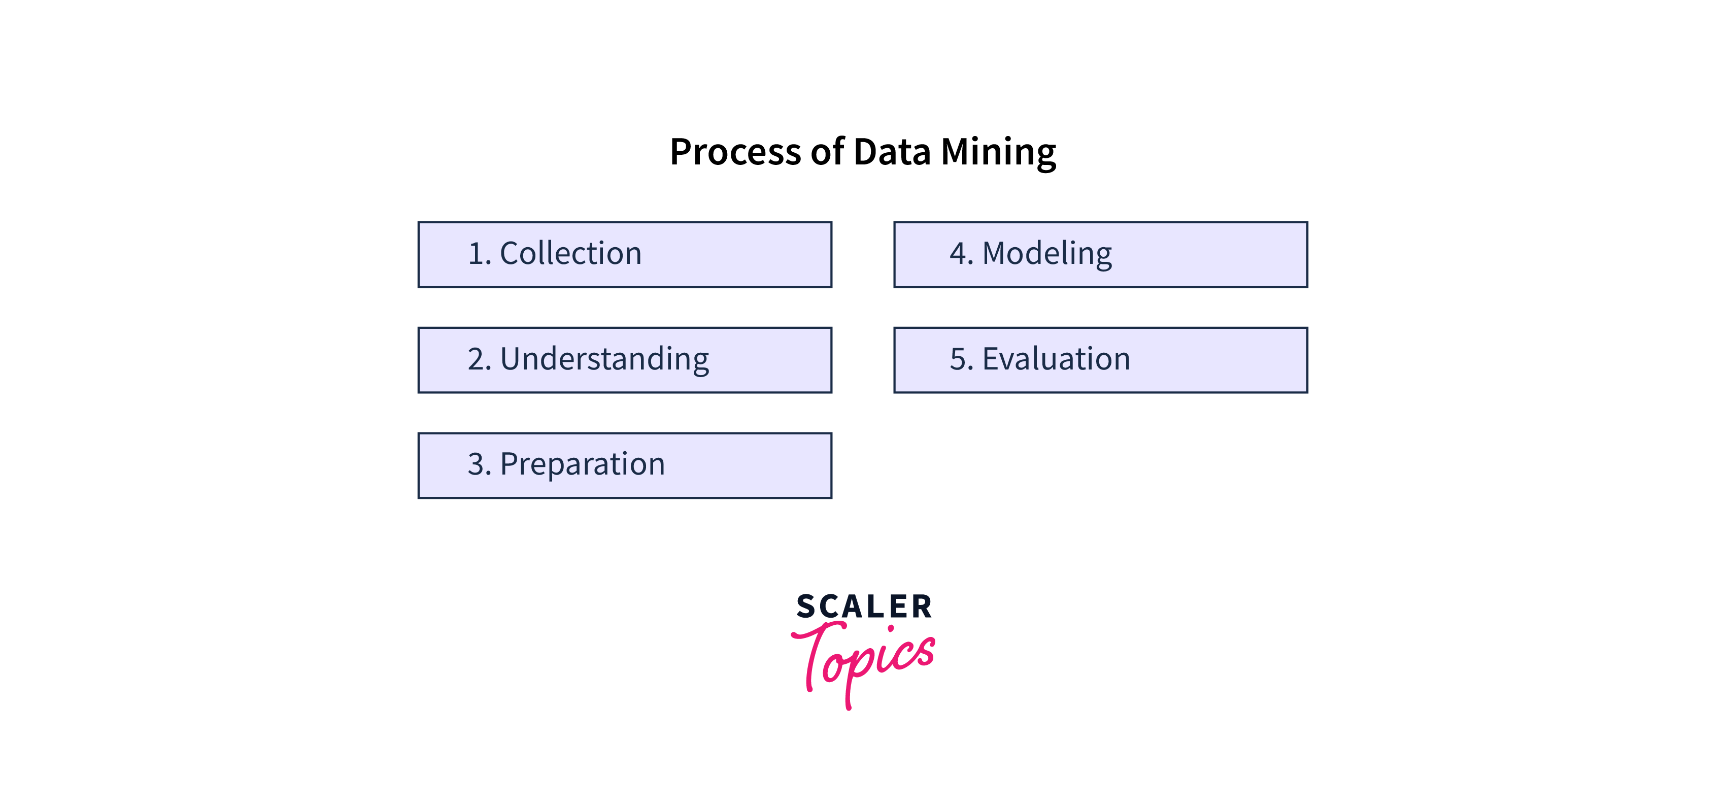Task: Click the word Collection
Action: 571,253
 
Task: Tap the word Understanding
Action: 604,359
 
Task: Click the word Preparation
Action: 582,465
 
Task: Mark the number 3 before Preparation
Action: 479,464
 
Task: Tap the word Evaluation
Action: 1056,359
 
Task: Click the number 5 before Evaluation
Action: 961,359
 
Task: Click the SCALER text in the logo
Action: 864,607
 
